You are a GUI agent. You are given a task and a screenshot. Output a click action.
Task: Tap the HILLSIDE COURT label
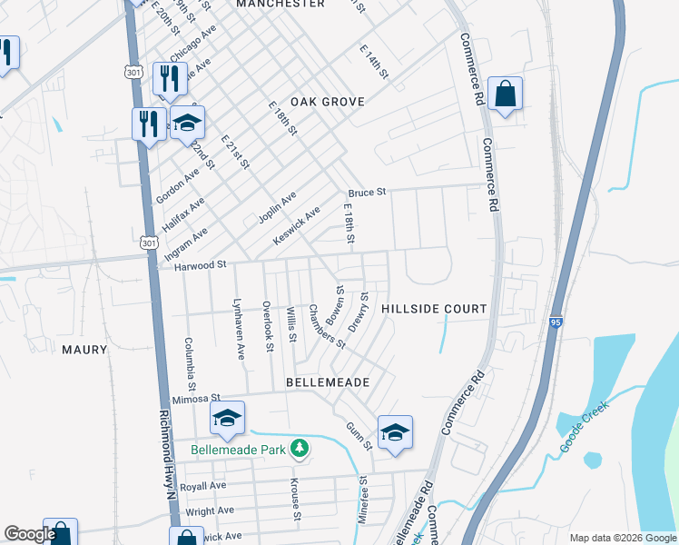point(434,309)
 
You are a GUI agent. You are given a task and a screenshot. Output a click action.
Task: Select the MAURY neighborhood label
point(84,350)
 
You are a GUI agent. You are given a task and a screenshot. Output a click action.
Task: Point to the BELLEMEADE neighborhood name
point(328,383)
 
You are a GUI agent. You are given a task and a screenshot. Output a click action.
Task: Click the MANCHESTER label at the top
point(280,5)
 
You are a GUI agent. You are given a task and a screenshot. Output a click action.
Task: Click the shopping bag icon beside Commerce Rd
point(505,94)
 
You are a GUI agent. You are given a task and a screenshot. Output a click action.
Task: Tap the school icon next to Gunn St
point(395,432)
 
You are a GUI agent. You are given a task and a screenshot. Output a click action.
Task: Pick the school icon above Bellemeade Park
point(227,418)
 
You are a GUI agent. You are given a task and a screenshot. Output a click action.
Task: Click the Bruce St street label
point(367,193)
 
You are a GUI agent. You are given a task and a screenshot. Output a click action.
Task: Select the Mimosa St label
point(197,398)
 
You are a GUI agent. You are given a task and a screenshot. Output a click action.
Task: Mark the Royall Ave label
point(203,486)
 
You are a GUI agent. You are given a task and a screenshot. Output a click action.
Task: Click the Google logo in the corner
point(29,535)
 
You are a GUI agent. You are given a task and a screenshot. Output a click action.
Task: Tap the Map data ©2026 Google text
point(622,538)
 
